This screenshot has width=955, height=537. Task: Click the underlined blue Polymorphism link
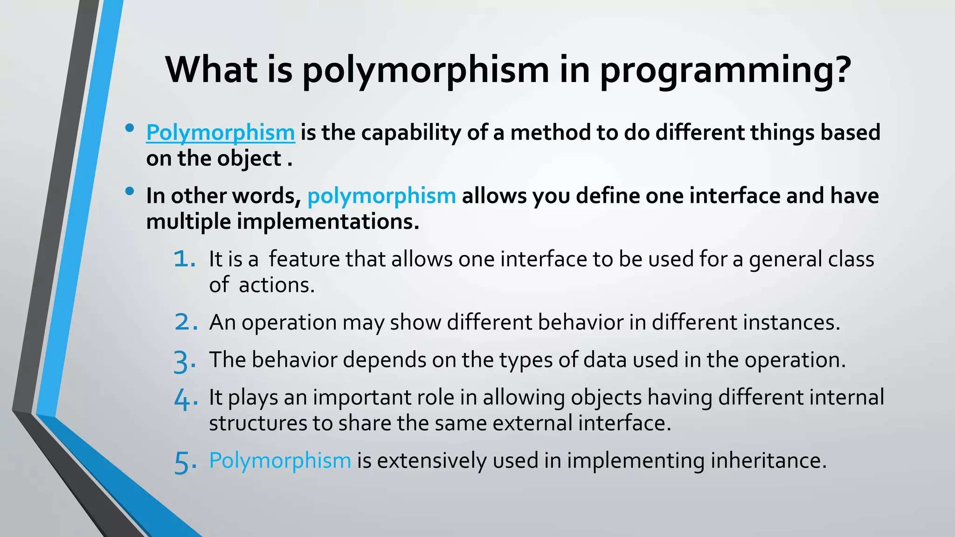pyautogui.click(x=220, y=133)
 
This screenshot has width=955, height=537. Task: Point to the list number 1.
pyautogui.click(x=184, y=259)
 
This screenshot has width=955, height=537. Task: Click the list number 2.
pyautogui.click(x=185, y=322)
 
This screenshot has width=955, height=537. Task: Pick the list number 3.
pyautogui.click(x=184, y=361)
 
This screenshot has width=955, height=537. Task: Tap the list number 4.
pyautogui.click(x=185, y=399)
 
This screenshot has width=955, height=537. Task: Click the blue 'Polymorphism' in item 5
pyautogui.click(x=280, y=461)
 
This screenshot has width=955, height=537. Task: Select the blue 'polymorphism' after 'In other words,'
pyautogui.click(x=381, y=196)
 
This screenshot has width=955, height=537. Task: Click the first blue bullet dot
pyautogui.click(x=130, y=128)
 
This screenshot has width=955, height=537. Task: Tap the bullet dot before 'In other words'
pyautogui.click(x=130, y=191)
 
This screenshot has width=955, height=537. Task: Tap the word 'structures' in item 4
pyautogui.click(x=257, y=423)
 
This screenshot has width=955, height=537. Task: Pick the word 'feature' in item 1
pyautogui.click(x=304, y=259)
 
